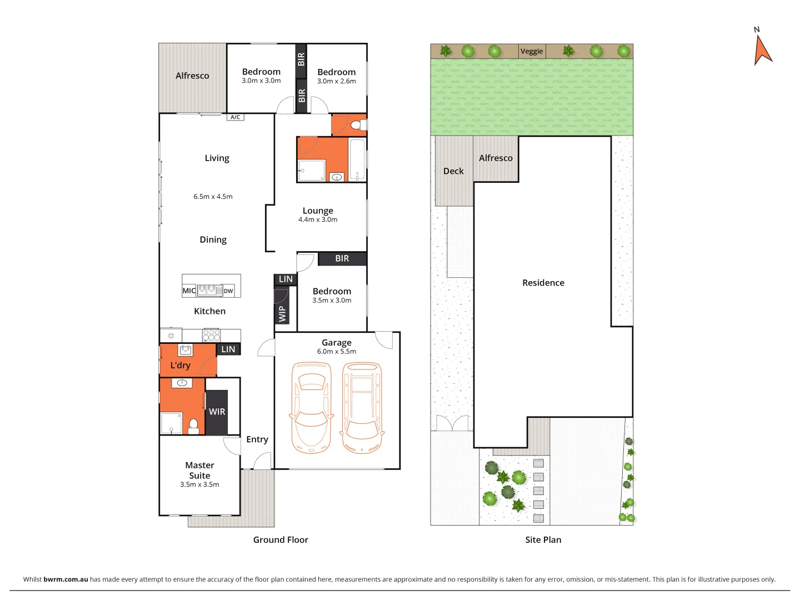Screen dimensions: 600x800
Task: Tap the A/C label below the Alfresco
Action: click(x=236, y=117)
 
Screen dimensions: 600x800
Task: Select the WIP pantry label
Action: click(x=282, y=314)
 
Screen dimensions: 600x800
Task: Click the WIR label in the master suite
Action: click(x=217, y=412)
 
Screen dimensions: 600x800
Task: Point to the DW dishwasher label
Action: click(x=228, y=291)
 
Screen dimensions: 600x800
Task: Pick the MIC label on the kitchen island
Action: click(x=189, y=291)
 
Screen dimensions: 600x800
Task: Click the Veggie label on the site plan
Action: click(x=532, y=51)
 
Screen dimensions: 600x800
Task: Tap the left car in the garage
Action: click(x=311, y=408)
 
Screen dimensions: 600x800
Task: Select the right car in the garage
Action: click(x=362, y=408)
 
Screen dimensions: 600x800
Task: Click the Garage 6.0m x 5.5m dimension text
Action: click(x=337, y=352)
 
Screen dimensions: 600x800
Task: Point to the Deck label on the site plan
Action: click(x=453, y=171)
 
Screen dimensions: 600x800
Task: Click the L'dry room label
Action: click(x=180, y=365)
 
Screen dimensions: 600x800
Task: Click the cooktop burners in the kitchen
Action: click(x=211, y=335)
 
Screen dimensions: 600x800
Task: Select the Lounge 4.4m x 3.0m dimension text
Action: click(x=318, y=219)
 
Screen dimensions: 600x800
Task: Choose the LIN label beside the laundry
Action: click(x=228, y=349)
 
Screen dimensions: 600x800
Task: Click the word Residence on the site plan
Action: click(x=543, y=283)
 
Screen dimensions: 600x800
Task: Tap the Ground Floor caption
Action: click(x=281, y=539)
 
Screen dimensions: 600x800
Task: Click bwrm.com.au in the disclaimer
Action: click(x=66, y=579)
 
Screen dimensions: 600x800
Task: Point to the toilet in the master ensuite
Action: click(x=193, y=427)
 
